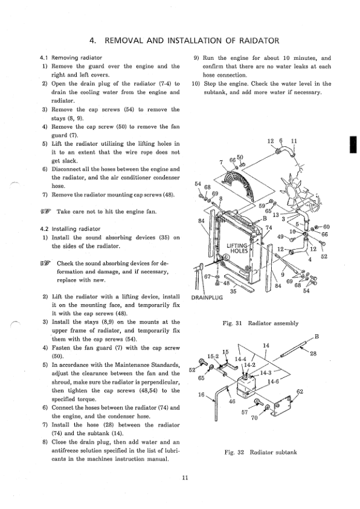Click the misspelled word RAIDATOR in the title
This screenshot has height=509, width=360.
259,41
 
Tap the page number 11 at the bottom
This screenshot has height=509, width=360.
185,478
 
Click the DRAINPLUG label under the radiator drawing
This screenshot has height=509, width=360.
207,297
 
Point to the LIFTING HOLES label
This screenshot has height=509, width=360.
237,248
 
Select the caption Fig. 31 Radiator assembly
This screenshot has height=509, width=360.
260,323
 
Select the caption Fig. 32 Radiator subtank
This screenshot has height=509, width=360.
260,452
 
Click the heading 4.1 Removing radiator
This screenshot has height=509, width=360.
71,58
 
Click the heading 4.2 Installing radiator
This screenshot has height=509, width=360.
69,229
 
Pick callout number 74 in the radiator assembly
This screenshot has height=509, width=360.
269,227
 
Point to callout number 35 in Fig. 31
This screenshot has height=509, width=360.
233,291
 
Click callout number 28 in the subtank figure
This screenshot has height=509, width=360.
313,354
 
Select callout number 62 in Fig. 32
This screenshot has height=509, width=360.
300,392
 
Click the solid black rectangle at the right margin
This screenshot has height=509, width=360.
353,144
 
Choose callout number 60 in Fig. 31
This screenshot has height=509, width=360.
326,227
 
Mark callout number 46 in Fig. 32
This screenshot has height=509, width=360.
232,401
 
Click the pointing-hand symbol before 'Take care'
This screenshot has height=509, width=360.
46,212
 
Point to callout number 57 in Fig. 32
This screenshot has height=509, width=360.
245,412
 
